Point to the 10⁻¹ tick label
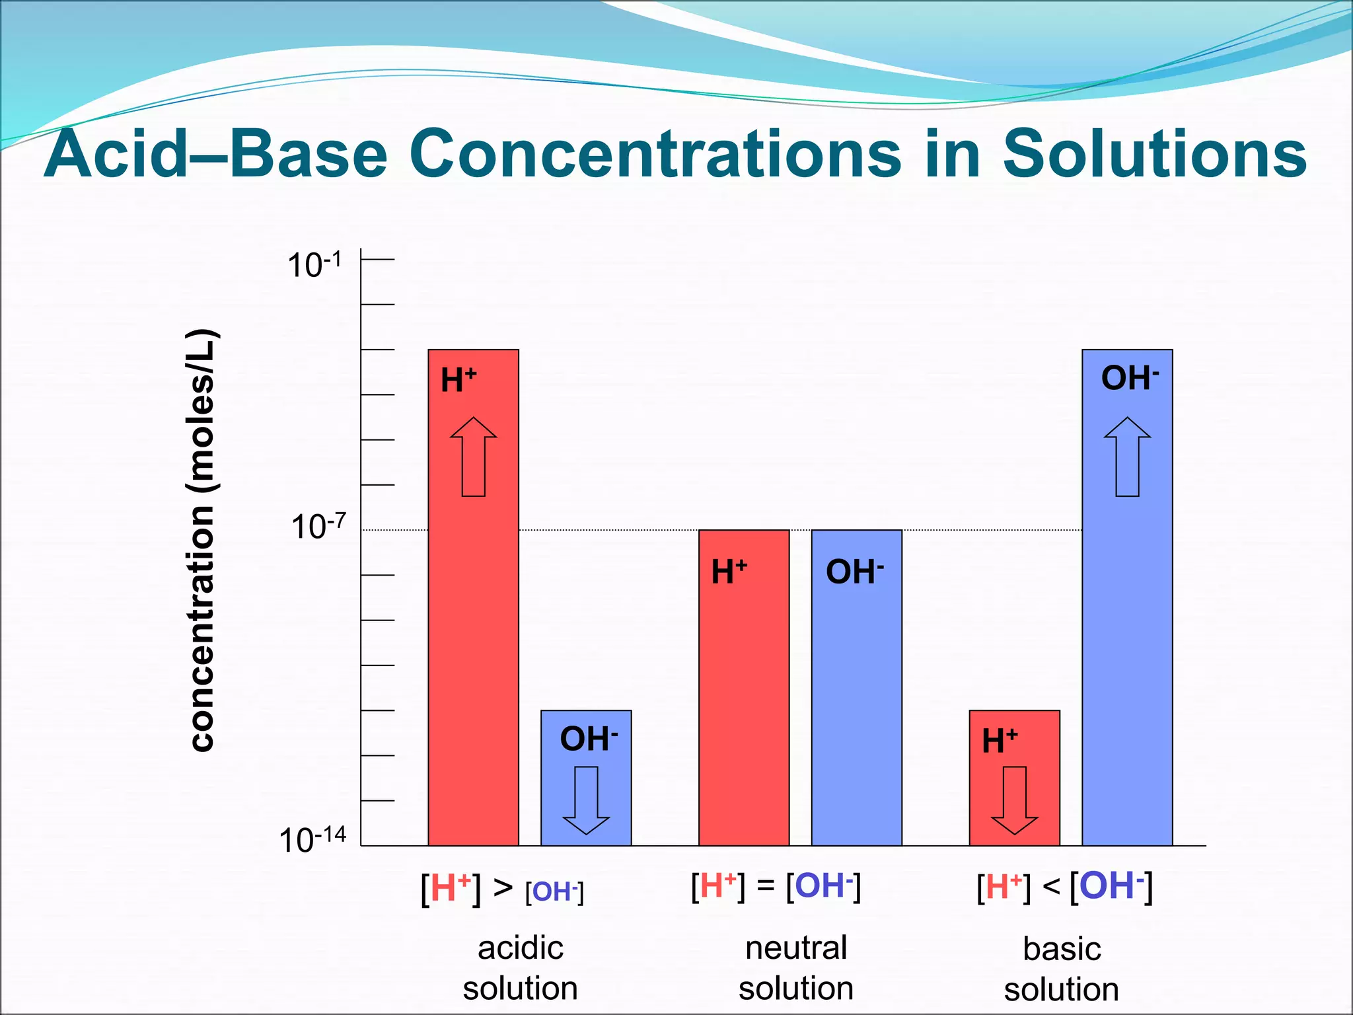[314, 265]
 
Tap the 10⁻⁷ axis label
[318, 527]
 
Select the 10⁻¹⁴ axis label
[312, 840]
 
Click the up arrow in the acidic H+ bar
[474, 457]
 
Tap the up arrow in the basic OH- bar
[1127, 457]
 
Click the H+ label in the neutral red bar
[729, 572]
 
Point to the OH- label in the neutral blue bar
[854, 572]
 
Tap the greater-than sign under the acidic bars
[503, 887]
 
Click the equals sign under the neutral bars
[765, 885]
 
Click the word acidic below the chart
[521, 948]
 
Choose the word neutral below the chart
[796, 948]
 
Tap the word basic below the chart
[1062, 949]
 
